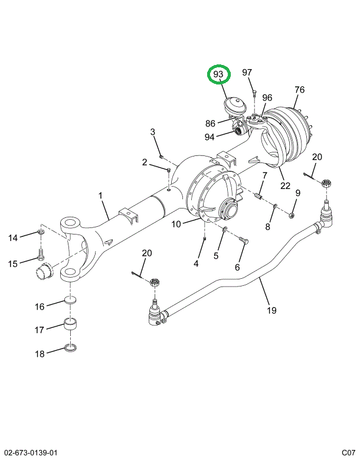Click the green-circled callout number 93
[x=218, y=74]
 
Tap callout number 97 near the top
[x=247, y=72]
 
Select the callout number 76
[x=299, y=90]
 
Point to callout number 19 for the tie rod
[x=271, y=310]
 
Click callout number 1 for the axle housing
[x=100, y=196]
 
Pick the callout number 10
[x=176, y=224]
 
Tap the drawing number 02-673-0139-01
[x=29, y=453]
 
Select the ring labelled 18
[x=70, y=349]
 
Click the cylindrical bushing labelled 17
[x=70, y=324]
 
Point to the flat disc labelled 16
[x=70, y=300]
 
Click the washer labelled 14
[x=41, y=232]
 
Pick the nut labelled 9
[x=292, y=216]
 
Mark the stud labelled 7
[x=257, y=196]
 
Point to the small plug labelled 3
[x=162, y=157]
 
